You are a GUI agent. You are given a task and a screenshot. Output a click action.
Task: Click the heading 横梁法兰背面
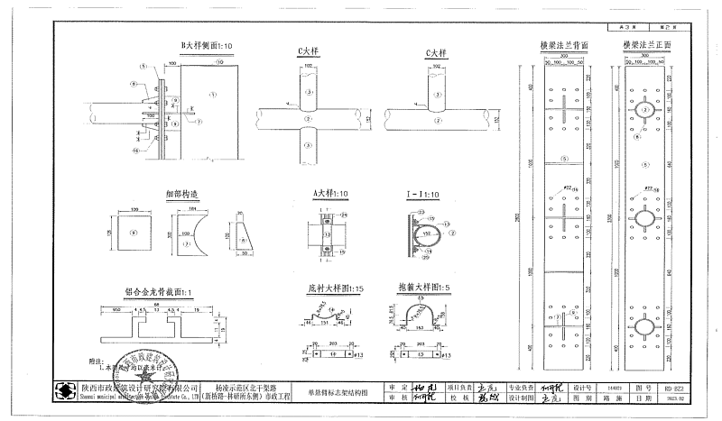tap(564, 45)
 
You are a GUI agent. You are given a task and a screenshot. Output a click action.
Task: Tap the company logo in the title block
tap(66, 391)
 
